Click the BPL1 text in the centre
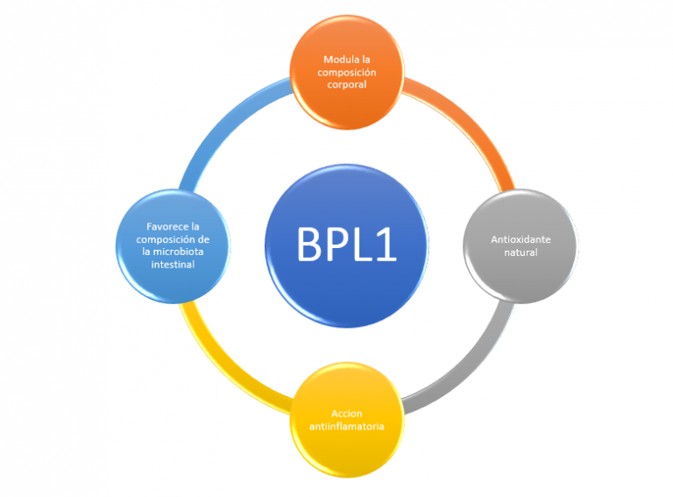(x=346, y=245)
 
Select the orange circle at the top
(x=346, y=73)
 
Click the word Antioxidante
(x=521, y=239)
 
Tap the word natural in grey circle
(x=520, y=252)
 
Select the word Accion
(x=346, y=413)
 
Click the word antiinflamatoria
(x=346, y=426)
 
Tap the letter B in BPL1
(x=308, y=245)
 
